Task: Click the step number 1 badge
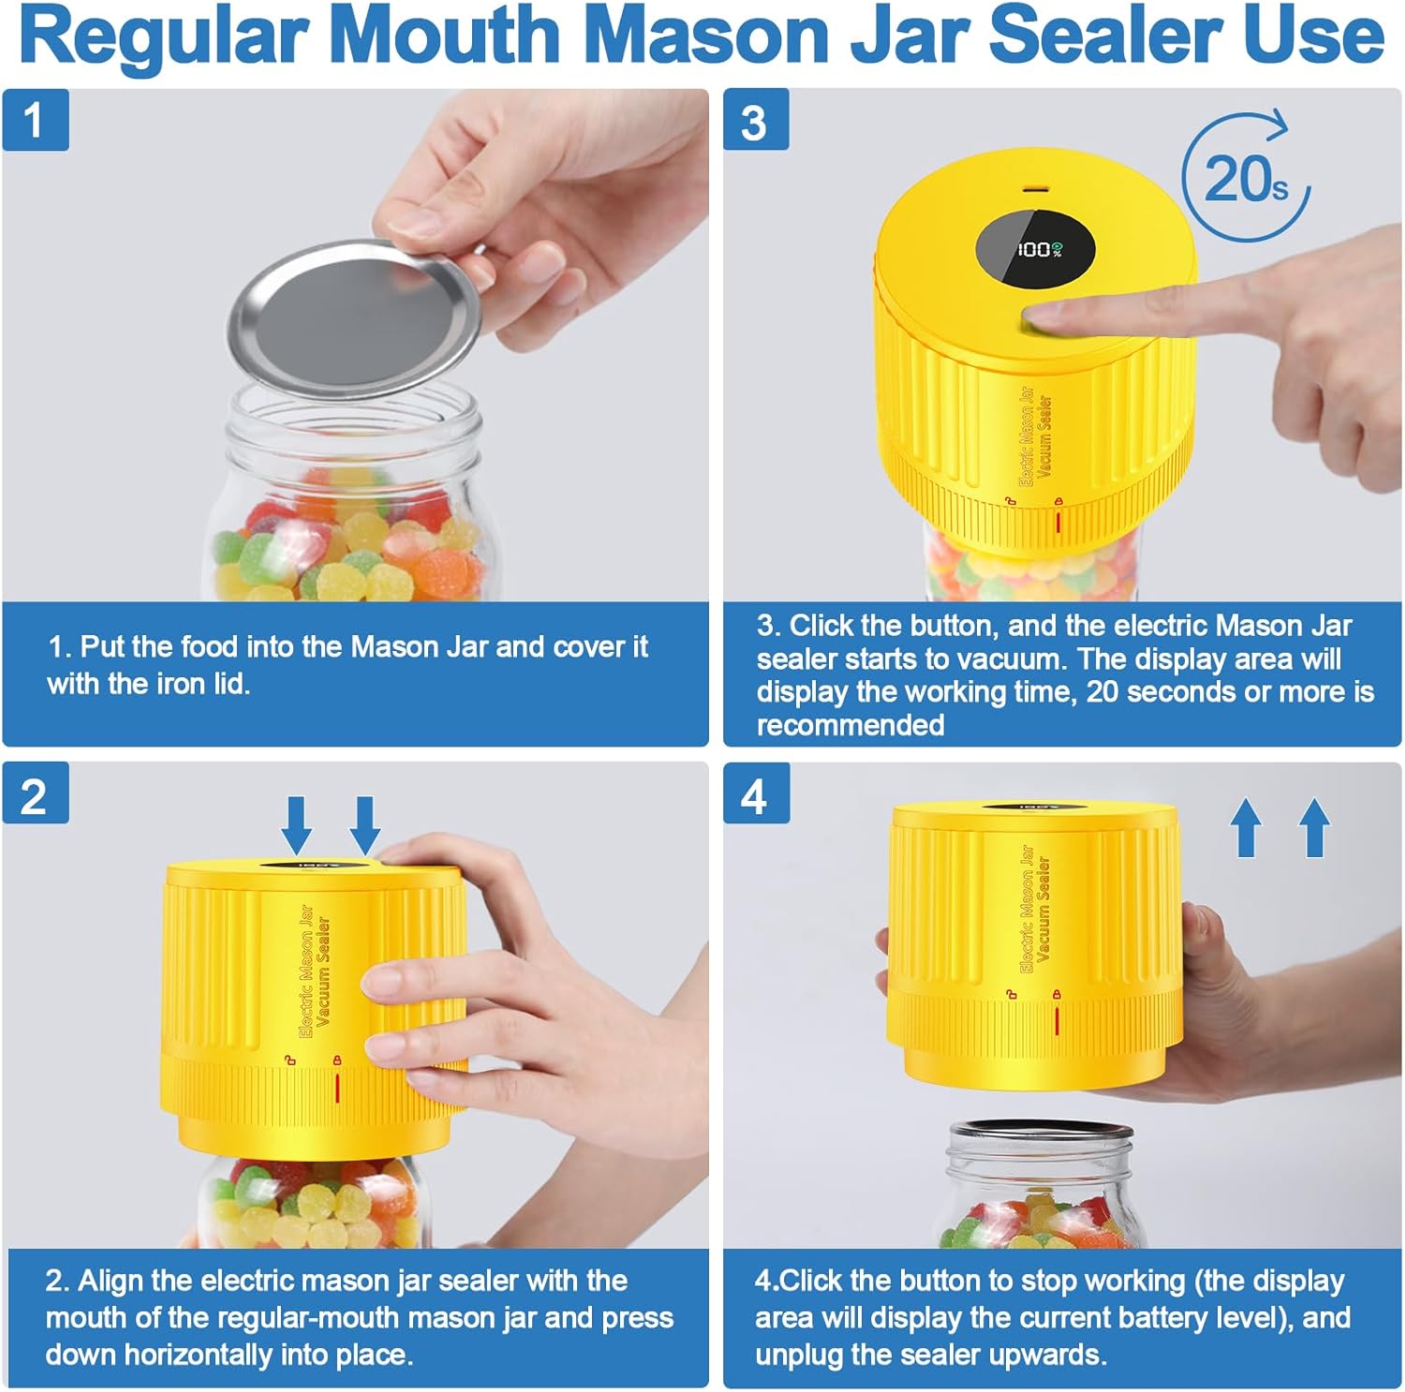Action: coord(36,120)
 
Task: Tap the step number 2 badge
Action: coord(36,793)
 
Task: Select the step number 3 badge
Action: coord(756,120)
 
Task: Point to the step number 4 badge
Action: coord(756,793)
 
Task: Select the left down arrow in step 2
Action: coord(297,824)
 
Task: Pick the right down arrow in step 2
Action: coord(364,824)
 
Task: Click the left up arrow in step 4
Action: coord(1246,827)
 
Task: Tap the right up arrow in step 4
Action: coord(1314,827)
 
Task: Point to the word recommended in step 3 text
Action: coord(850,725)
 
